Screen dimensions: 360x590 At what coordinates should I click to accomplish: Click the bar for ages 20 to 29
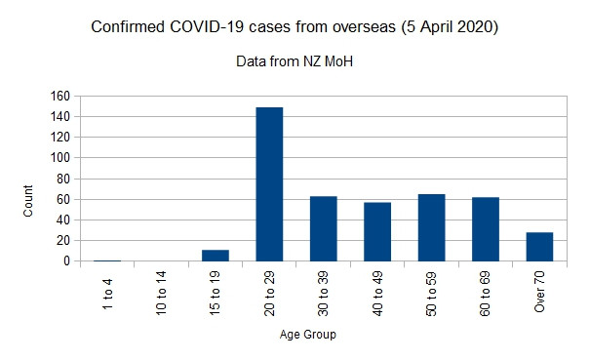point(269,184)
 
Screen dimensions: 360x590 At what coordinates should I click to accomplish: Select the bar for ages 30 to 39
point(323,228)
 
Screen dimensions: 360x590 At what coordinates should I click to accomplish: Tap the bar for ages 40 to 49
point(376,231)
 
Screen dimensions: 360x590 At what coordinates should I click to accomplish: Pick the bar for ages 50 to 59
point(431,227)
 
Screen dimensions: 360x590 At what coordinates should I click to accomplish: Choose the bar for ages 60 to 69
point(485,229)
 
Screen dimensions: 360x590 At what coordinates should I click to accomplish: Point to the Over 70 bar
point(539,247)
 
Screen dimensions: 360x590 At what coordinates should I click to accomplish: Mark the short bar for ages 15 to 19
point(216,256)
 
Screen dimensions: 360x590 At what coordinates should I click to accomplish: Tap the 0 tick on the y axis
point(65,261)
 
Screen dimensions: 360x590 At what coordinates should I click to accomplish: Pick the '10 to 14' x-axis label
point(162,296)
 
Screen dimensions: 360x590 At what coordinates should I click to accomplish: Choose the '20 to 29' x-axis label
point(269,296)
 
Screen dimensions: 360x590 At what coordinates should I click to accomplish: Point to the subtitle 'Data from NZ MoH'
point(295,61)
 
